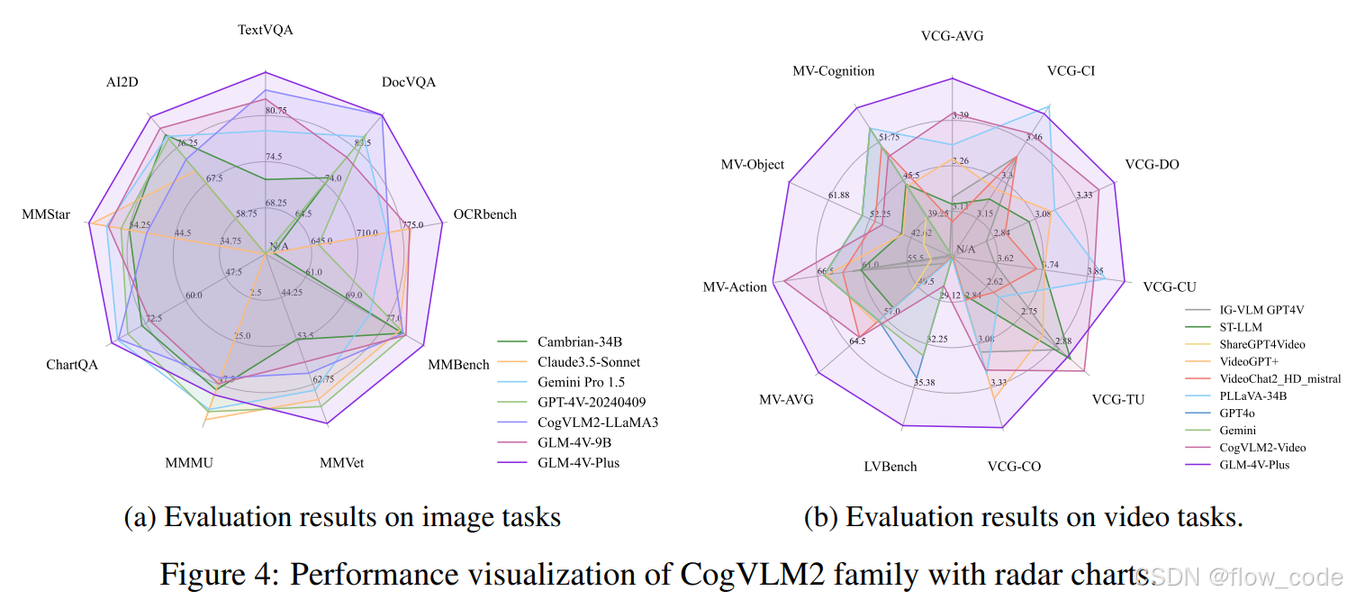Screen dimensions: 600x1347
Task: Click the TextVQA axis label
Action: (265, 30)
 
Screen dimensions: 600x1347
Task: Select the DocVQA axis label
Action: (408, 82)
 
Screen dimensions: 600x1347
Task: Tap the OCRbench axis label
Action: (484, 214)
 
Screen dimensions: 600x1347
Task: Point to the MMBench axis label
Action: (458, 364)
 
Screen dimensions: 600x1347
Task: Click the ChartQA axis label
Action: (72, 364)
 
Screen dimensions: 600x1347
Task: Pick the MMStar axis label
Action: (45, 215)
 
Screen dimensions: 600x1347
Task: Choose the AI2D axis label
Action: (122, 82)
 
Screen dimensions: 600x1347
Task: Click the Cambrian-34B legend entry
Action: (580, 341)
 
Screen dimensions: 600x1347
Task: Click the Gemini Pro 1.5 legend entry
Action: (581, 382)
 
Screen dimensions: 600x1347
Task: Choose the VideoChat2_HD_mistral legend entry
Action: (1279, 378)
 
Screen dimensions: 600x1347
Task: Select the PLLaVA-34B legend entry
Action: (1252, 395)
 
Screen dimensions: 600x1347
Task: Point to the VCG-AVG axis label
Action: (952, 36)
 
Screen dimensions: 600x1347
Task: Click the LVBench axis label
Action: (890, 466)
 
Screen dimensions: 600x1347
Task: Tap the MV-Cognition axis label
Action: (833, 70)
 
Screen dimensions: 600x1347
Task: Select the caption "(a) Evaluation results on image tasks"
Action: (341, 517)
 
